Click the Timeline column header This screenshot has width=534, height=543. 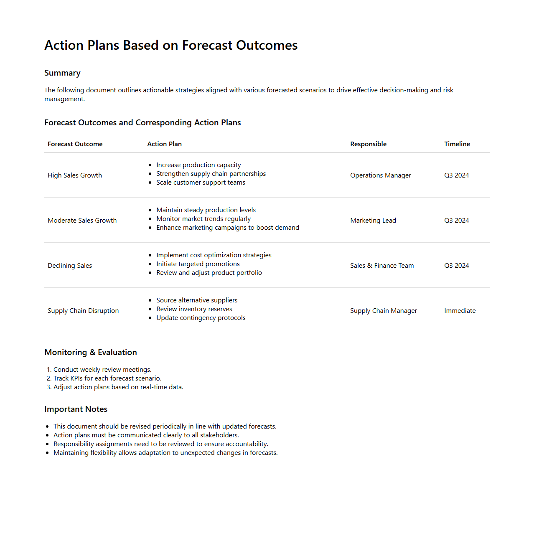pyautogui.click(x=457, y=144)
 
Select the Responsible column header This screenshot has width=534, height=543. pyautogui.click(x=368, y=144)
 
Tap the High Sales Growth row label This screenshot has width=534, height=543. pyautogui.click(x=75, y=175)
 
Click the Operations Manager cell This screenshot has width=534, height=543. pyautogui.click(x=380, y=175)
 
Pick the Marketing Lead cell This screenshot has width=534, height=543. pyautogui.click(x=373, y=221)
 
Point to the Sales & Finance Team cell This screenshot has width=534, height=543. pyautogui.click(x=382, y=266)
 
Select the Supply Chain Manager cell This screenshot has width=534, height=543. pyautogui.click(x=383, y=311)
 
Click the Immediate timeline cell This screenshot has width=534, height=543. pyautogui.click(x=460, y=311)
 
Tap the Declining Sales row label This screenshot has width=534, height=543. pyautogui.click(x=70, y=266)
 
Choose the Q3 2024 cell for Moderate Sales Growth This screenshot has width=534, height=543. pyautogui.click(x=456, y=221)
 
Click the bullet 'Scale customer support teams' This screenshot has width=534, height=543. pyautogui.click(x=201, y=183)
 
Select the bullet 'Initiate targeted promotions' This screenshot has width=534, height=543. pyautogui.click(x=198, y=264)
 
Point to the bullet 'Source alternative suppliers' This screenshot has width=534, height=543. pyautogui.click(x=196, y=300)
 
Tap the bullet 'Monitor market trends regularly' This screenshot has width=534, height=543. pyautogui.click(x=203, y=219)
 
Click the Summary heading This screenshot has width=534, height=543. pyautogui.click(x=62, y=73)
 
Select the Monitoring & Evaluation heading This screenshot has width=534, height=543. pyautogui.click(x=91, y=353)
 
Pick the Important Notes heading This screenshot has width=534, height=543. pyautogui.click(x=76, y=409)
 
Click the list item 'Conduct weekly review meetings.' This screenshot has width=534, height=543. pyautogui.click(x=102, y=370)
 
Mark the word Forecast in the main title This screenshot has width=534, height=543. pyautogui.click(x=207, y=45)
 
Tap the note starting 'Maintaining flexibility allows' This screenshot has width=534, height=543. pyautogui.click(x=165, y=453)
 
